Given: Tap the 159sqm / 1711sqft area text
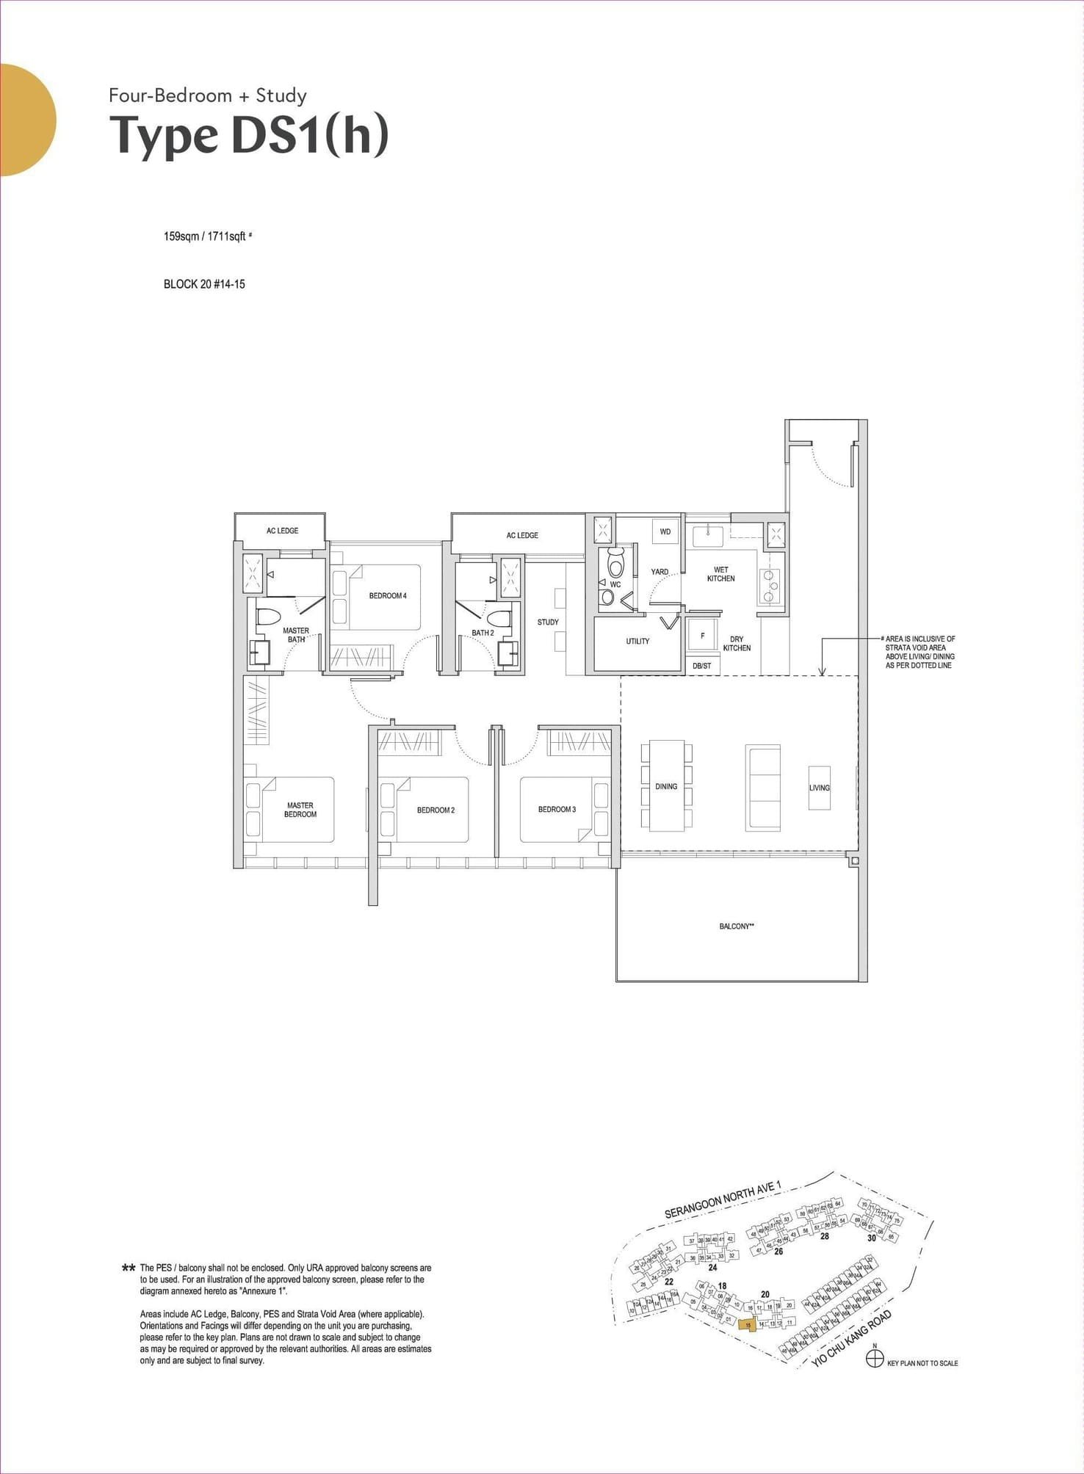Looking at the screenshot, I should click(x=205, y=236).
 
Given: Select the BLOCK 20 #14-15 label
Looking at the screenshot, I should click(x=204, y=284).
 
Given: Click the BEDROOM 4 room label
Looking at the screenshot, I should click(x=388, y=595).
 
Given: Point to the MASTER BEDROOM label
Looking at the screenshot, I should click(x=300, y=810).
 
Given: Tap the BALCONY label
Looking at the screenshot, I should click(x=736, y=926).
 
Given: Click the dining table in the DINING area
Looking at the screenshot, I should click(x=666, y=786).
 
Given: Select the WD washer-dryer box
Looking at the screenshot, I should click(x=665, y=531).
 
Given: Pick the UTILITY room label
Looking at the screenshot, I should click(x=637, y=641).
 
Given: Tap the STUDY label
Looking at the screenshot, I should click(x=548, y=622).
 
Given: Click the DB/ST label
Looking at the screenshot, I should click(x=701, y=666).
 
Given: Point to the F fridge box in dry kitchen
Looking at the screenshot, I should click(x=702, y=636).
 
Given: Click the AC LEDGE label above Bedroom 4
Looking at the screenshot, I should click(x=282, y=530).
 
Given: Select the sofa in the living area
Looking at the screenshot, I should click(x=762, y=788).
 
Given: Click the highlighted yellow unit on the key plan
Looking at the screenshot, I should click(x=748, y=1325).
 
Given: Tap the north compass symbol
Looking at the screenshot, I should click(x=874, y=1359).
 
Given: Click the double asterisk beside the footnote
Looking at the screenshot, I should click(x=129, y=1268).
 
